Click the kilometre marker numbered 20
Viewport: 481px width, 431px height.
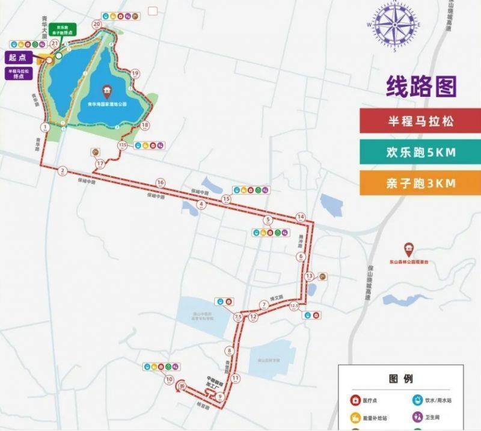pyautogui.click(x=97, y=24)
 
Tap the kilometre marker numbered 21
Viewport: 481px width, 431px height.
pyautogui.click(x=55, y=44)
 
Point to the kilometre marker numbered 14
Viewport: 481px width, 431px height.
pyautogui.click(x=301, y=216)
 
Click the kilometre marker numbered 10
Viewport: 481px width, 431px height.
pyautogui.click(x=170, y=379)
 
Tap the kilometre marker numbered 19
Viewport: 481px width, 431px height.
pyautogui.click(x=135, y=73)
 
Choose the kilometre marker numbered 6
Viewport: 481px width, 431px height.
pyautogui.click(x=301, y=257)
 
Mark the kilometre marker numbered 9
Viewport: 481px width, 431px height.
pyautogui.click(x=221, y=396)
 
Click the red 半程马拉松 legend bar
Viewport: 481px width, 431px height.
pyautogui.click(x=420, y=121)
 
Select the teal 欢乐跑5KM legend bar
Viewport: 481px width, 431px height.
pyautogui.click(x=420, y=152)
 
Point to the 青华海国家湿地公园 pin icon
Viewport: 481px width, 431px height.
pyautogui.click(x=107, y=91)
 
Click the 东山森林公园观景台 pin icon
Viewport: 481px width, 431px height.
pyautogui.click(x=408, y=248)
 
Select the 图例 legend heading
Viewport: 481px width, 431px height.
pyautogui.click(x=401, y=379)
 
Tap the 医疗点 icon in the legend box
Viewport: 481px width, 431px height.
pyautogui.click(x=356, y=399)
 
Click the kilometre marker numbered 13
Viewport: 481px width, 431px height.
pyautogui.click(x=309, y=276)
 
